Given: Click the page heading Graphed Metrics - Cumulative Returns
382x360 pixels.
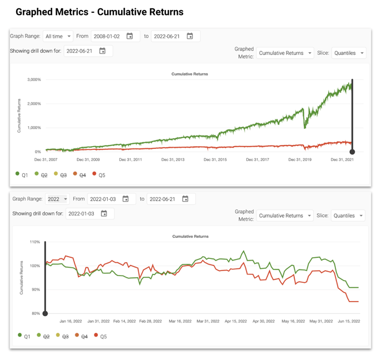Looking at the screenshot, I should [99, 12].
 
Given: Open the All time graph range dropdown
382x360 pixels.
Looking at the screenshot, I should [58, 36].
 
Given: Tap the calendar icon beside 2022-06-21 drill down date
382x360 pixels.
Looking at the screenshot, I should [102, 51].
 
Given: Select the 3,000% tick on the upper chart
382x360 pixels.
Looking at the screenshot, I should [34, 80].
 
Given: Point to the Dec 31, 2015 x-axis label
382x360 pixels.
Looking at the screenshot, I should [215, 159].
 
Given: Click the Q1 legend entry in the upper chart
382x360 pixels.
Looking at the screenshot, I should [22, 174].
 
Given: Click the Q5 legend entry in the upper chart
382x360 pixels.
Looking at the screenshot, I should [99, 174].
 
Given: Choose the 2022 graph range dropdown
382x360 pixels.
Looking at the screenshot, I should [57, 199].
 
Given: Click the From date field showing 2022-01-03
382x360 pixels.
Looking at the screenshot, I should [103, 199].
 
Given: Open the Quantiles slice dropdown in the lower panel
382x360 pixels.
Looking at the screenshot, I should [348, 216].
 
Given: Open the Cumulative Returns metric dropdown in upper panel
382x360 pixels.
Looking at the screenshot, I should [285, 53].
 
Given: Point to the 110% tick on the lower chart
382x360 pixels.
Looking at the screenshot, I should [34, 242].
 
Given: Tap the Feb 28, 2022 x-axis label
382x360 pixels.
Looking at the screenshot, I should [150, 321].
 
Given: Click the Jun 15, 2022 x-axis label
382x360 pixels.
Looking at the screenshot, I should [349, 321].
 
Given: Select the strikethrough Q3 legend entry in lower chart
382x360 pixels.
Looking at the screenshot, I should [62, 336].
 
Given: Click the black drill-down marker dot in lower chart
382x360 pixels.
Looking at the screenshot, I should [45, 313].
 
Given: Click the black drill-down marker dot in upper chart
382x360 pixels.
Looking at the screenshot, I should [352, 152].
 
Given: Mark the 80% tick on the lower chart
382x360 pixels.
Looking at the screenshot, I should [36, 313].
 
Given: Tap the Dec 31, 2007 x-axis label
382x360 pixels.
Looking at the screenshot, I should [46, 159].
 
